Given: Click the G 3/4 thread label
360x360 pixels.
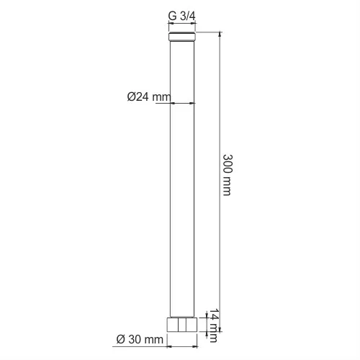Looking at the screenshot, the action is [182, 16].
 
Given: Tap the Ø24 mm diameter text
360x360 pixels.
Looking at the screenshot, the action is [149, 97].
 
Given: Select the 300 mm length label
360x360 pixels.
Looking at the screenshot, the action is [228, 175].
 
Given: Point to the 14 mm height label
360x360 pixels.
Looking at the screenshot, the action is [213, 325].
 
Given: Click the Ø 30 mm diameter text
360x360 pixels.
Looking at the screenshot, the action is [140, 339].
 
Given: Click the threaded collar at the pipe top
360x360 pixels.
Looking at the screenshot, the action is [182, 36].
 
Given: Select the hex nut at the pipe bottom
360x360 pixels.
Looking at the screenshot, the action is [182, 325].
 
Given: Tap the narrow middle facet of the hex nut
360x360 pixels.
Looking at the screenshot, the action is [182, 325].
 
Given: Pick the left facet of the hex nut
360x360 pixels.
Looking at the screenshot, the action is [173, 325].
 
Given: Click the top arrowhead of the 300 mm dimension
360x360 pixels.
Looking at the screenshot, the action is [220, 34].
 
